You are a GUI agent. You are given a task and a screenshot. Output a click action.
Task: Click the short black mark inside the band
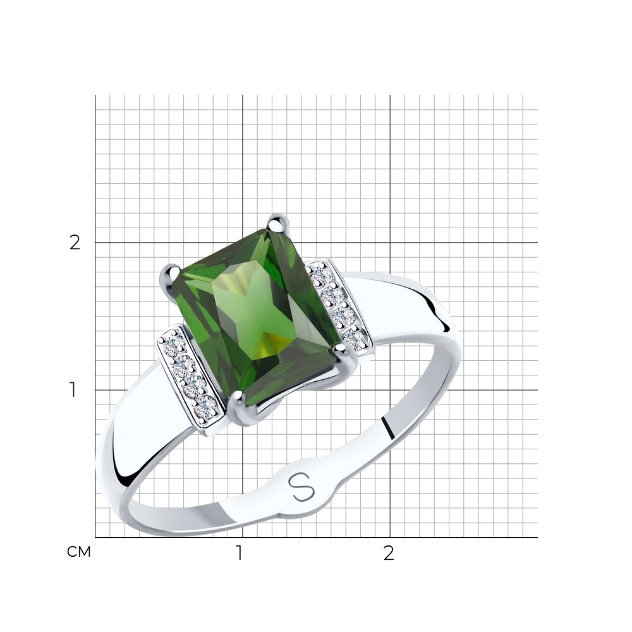(388, 428)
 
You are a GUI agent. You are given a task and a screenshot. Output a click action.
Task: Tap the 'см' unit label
(79, 552)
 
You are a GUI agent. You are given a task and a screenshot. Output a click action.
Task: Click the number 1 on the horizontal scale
(240, 554)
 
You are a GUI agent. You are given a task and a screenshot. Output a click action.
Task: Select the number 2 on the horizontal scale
(388, 554)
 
